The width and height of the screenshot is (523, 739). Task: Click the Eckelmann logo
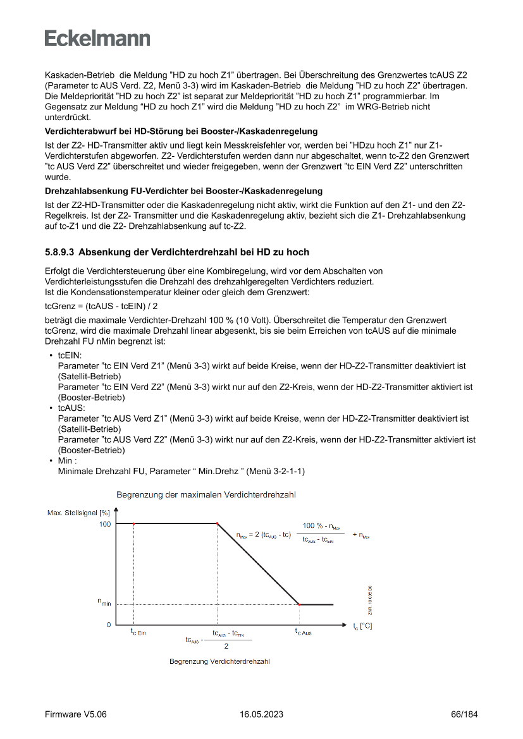(x=97, y=38)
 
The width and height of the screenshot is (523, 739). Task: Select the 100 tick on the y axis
(x=104, y=524)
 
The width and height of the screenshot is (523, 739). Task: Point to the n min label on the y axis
(x=104, y=604)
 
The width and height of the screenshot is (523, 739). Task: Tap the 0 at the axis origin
(x=109, y=625)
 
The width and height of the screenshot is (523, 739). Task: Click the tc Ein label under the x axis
(x=138, y=632)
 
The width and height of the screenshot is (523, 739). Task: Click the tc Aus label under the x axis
(x=304, y=632)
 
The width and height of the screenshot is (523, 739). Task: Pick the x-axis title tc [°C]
(x=362, y=626)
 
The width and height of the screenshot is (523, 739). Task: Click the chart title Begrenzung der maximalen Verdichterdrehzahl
(x=206, y=494)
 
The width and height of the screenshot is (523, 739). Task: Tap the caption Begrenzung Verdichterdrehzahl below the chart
(x=219, y=661)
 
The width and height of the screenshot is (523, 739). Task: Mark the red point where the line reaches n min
(x=299, y=604)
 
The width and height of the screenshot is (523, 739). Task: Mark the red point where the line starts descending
(x=218, y=523)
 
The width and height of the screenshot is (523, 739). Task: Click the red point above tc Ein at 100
(x=133, y=523)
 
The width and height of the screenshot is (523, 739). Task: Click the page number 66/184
(x=464, y=714)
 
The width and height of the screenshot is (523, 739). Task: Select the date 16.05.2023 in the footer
(x=261, y=714)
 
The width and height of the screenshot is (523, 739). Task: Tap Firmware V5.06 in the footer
(x=75, y=714)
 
